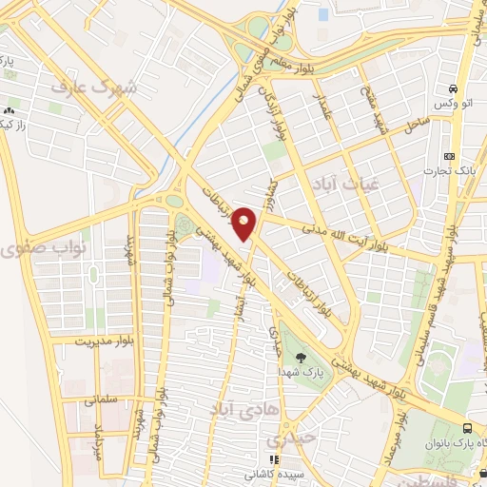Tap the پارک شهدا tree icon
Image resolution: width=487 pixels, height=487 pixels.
[302, 359]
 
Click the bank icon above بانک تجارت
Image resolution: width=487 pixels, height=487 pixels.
[450, 156]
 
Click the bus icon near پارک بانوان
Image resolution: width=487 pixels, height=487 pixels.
[467, 428]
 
